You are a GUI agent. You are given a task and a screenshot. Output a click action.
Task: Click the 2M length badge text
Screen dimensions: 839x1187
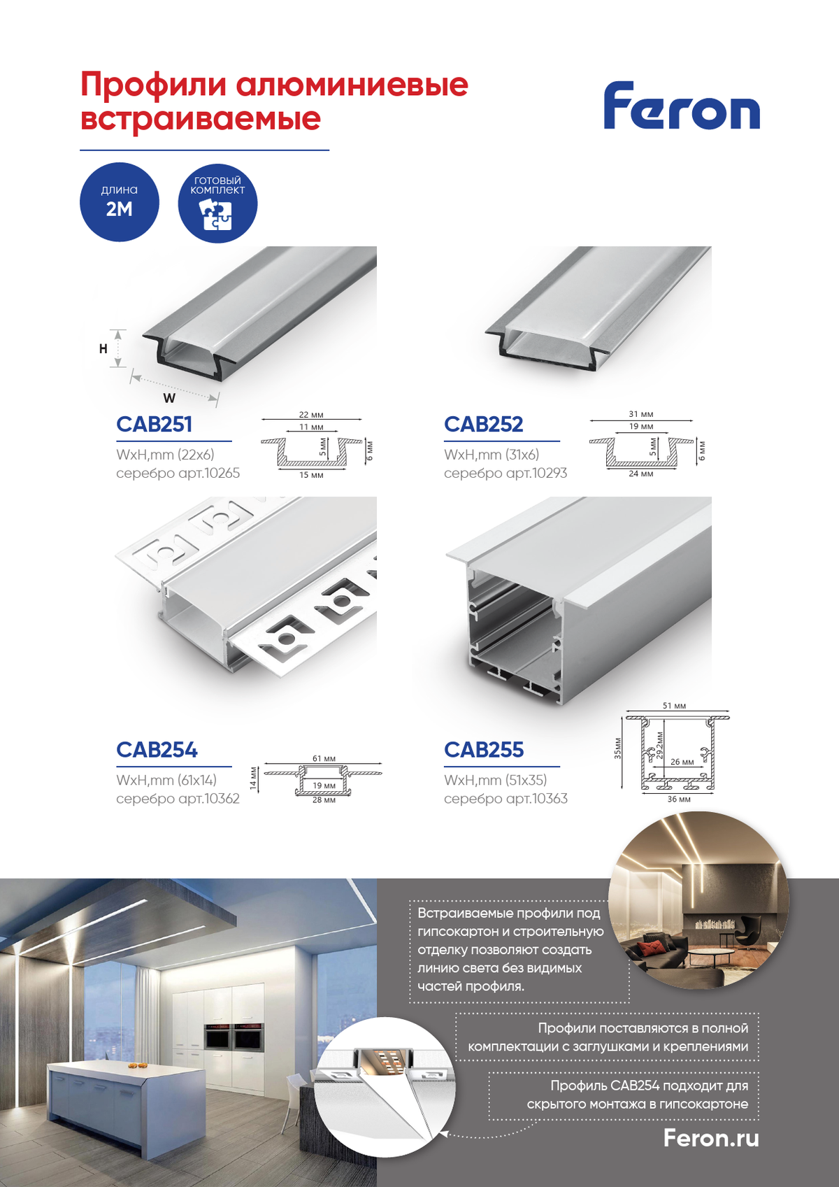[119, 210]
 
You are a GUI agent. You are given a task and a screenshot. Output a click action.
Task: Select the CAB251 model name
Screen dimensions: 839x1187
[154, 424]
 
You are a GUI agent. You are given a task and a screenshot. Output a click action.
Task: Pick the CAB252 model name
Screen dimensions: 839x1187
[484, 424]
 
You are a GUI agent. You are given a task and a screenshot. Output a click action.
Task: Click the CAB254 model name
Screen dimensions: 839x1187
[157, 750]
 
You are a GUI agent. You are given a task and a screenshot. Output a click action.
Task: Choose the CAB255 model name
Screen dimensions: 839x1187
[484, 750]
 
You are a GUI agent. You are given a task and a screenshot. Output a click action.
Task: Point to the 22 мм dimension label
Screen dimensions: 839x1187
[311, 414]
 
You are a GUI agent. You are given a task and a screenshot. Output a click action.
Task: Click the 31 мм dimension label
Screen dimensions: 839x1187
[641, 414]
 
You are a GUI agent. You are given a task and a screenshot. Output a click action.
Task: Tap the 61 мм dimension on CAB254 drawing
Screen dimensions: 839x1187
[324, 758]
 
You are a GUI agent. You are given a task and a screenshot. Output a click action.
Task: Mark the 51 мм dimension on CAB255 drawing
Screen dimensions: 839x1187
[674, 706]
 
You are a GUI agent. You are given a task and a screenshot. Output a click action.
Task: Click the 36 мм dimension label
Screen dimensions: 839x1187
[678, 799]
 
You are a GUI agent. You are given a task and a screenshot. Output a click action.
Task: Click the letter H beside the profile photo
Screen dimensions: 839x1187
[103, 348]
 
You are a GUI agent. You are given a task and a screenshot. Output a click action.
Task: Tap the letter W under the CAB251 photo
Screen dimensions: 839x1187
[169, 398]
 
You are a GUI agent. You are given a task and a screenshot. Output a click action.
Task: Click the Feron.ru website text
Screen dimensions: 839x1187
[711, 1138]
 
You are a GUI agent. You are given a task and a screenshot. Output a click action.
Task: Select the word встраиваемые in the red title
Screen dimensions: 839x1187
[201, 118]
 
